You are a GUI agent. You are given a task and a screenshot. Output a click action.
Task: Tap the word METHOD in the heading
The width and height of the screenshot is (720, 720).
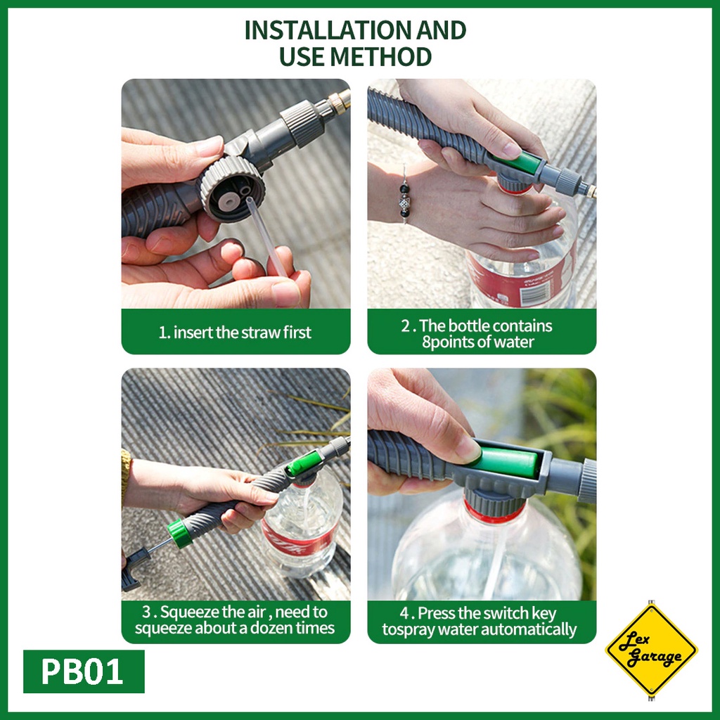380,56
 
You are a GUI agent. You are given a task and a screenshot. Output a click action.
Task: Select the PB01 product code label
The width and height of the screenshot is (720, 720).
84,671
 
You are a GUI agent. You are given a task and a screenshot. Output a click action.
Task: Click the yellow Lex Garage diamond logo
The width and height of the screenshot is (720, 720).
651,649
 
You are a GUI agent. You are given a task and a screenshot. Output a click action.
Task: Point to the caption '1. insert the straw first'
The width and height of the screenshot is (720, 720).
235,332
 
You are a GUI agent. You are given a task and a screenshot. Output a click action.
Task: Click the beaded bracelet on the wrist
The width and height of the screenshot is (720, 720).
404,195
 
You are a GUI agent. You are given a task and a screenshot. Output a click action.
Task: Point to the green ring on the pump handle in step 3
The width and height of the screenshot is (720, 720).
179,534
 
